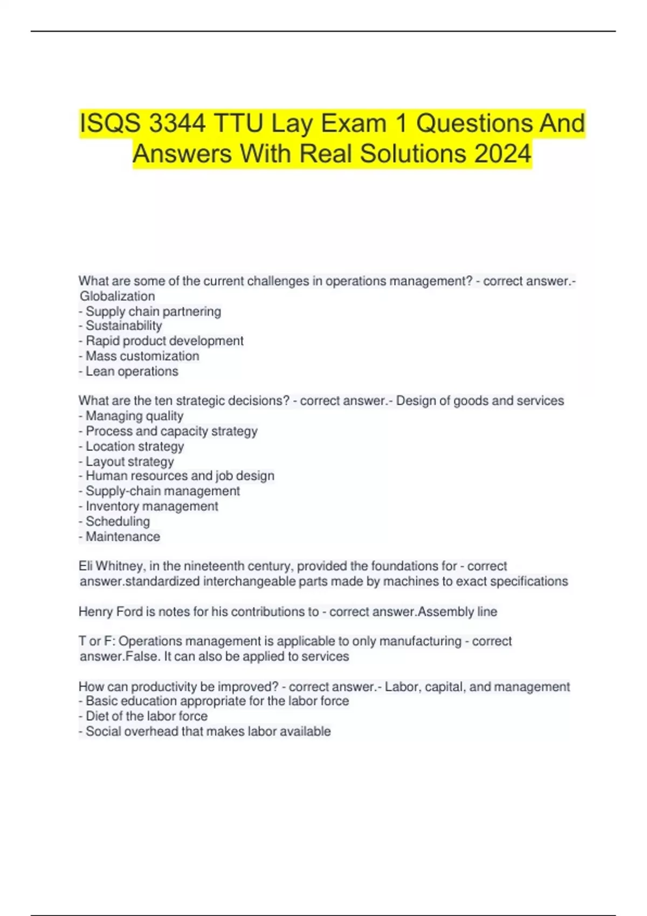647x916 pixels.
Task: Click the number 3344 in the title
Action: point(177,123)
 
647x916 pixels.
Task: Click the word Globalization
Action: point(117,296)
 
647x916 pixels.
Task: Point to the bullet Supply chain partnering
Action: point(153,311)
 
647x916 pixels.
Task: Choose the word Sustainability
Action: point(123,326)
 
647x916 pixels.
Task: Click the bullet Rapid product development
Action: point(164,341)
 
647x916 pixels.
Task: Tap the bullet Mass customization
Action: point(142,356)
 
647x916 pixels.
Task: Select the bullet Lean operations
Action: point(132,371)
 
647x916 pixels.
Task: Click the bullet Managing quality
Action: point(134,416)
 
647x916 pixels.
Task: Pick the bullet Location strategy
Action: point(135,446)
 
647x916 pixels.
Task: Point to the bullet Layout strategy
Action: point(129,461)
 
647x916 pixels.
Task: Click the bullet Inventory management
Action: point(152,506)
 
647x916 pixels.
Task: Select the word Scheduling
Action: point(118,521)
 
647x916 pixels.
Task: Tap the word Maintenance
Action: point(123,537)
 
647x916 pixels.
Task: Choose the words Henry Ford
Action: point(111,612)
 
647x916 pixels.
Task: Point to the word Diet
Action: point(97,716)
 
